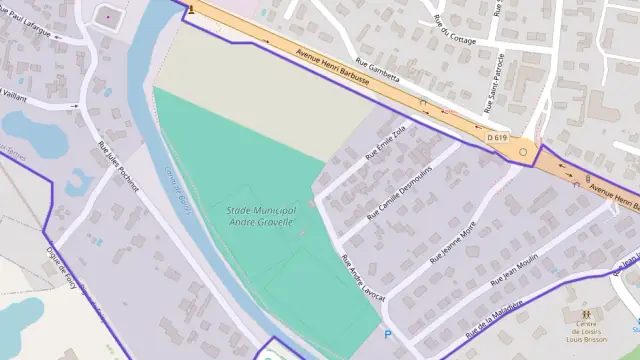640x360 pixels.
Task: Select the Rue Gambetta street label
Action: (x=378, y=75)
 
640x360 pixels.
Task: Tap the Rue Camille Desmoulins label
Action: (x=395, y=195)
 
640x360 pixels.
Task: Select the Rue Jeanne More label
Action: (x=453, y=244)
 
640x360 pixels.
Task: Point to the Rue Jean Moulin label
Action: (x=514, y=271)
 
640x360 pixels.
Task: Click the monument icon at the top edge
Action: (x=190, y=7)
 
